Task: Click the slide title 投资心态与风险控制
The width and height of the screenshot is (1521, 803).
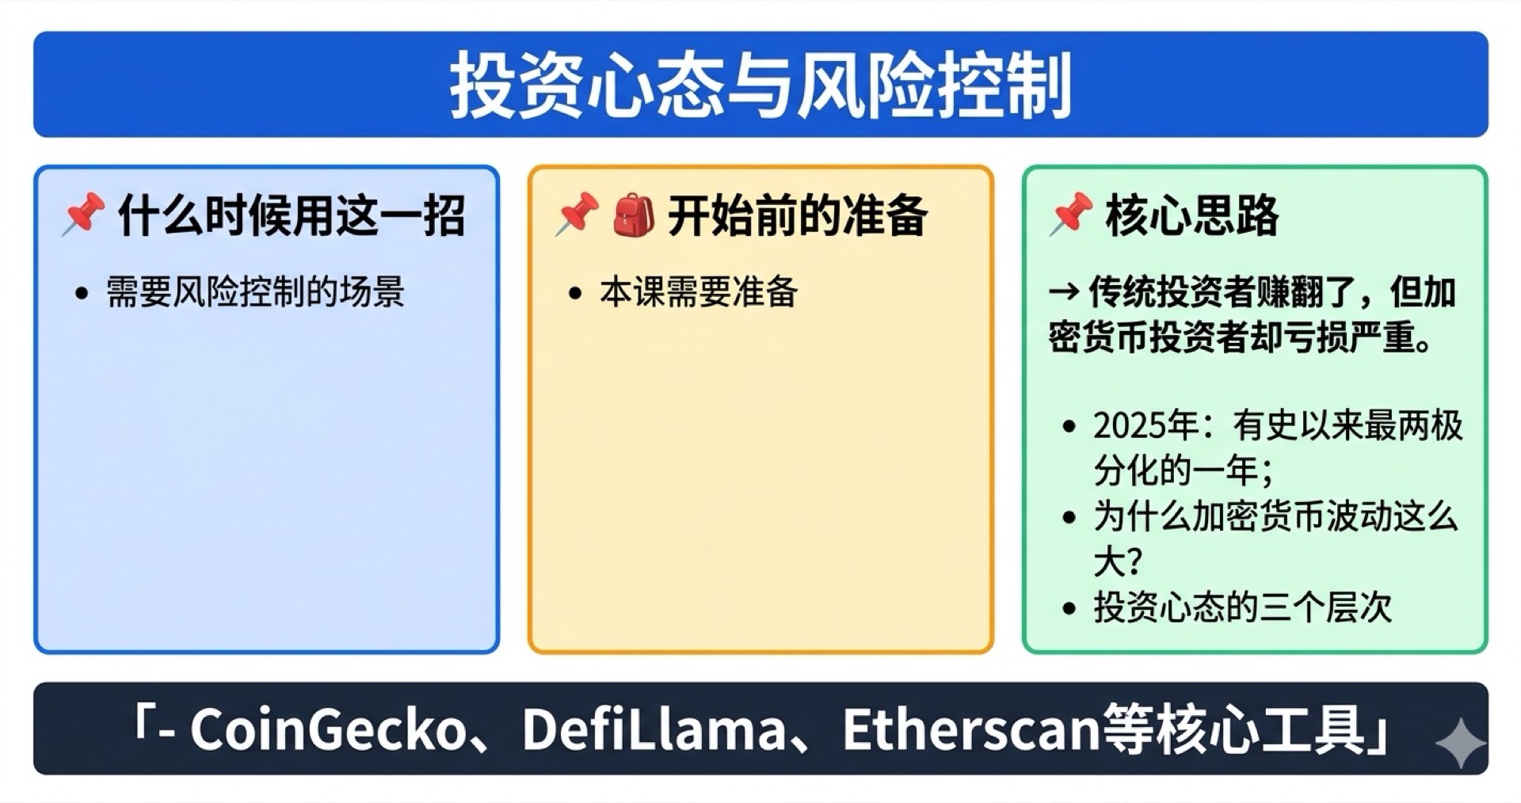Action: (x=760, y=85)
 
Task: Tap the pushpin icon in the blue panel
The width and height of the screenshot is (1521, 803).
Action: (x=83, y=214)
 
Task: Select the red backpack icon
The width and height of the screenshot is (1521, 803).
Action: (x=634, y=215)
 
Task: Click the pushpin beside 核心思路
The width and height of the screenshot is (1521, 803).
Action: (x=1070, y=214)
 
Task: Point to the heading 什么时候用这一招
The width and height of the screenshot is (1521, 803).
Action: (x=291, y=215)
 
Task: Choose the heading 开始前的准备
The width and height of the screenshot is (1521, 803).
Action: (x=797, y=215)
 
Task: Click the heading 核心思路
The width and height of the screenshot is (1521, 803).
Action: (x=1191, y=215)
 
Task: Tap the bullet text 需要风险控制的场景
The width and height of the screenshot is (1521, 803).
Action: (x=255, y=292)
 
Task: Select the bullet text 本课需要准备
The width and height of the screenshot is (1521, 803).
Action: (x=698, y=292)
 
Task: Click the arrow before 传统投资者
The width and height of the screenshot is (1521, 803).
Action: (x=1063, y=292)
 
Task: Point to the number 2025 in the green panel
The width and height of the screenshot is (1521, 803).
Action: (x=1129, y=426)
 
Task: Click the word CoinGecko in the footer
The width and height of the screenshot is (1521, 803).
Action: (x=326, y=729)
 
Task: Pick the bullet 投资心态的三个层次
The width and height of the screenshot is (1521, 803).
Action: (x=1242, y=608)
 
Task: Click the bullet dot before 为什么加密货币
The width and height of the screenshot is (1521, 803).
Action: (x=1069, y=518)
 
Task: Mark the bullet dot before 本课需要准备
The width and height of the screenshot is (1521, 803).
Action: (x=576, y=294)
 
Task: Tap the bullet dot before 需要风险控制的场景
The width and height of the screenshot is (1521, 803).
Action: (x=82, y=294)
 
